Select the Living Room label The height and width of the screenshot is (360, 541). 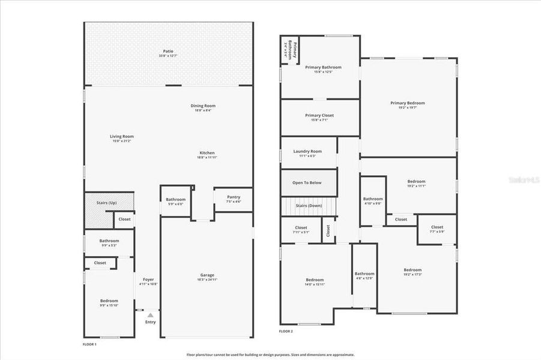121,137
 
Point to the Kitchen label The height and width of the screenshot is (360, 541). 206,153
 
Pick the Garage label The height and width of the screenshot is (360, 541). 207,275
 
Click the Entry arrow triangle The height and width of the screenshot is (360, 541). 150,314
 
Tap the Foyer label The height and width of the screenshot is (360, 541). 148,280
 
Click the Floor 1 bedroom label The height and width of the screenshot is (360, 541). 109,301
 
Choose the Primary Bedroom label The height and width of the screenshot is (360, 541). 408,103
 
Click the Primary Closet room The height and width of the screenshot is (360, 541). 319,117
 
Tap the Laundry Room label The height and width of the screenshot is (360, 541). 307,152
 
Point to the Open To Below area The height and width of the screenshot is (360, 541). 307,182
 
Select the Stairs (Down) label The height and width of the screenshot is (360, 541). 309,206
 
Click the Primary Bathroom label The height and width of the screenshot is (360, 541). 323,68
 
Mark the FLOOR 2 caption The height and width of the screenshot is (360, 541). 286,331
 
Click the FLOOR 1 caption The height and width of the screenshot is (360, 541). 89,344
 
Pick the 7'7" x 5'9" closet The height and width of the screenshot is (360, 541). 437,229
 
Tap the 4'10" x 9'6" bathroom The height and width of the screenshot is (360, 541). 372,200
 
